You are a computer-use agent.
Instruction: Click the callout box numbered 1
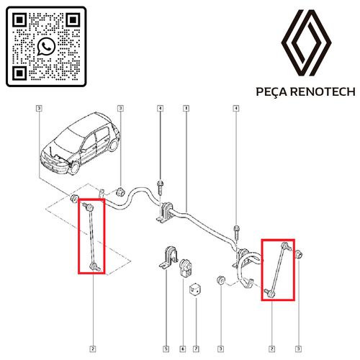point(186,109)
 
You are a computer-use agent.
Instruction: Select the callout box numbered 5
point(166,348)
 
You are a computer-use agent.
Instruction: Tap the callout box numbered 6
point(183,348)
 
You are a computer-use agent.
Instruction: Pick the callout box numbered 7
point(196,348)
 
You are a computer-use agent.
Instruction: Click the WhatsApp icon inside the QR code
point(46,46)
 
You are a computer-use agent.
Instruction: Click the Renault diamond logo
point(307,42)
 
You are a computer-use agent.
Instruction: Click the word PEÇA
point(271,92)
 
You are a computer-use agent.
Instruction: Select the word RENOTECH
point(323,92)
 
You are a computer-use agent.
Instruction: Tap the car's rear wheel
point(113,145)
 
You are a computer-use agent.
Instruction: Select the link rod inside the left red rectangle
point(91,236)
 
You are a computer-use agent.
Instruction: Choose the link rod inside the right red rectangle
point(278,269)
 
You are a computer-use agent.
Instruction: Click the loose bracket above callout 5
point(168,258)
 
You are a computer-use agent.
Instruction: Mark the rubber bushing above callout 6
point(186,268)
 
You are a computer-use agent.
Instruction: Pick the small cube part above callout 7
point(195,289)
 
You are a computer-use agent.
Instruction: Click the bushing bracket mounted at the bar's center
point(165,212)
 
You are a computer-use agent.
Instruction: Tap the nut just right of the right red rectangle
point(298,254)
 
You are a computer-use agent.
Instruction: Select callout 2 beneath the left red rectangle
point(93,348)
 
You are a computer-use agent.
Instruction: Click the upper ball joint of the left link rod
point(88,206)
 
